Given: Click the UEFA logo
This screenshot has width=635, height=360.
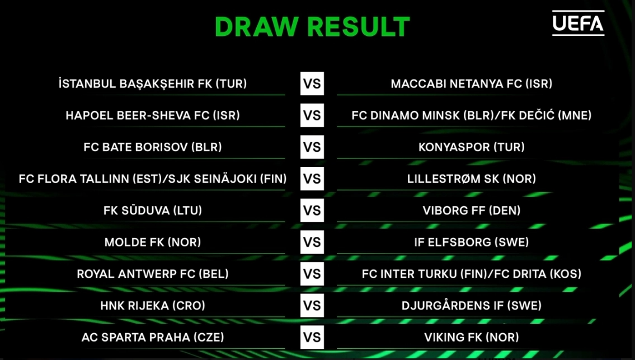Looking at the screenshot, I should pyautogui.click(x=578, y=23).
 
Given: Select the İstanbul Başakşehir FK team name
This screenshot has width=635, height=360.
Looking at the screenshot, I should pyautogui.click(x=152, y=84).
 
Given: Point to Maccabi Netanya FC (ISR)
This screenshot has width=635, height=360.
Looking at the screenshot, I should pyautogui.click(x=471, y=84).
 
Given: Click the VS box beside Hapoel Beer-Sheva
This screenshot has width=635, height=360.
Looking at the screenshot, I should pyautogui.click(x=312, y=115).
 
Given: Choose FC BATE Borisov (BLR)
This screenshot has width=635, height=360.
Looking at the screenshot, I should pyautogui.click(x=152, y=147).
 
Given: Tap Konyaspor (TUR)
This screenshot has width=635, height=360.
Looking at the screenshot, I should pyautogui.click(x=471, y=147).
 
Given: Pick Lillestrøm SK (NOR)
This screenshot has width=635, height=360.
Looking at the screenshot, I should pyautogui.click(x=471, y=179).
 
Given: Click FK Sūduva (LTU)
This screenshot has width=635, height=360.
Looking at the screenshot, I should pyautogui.click(x=152, y=211).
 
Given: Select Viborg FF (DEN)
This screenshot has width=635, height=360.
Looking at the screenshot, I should pyautogui.click(x=471, y=211).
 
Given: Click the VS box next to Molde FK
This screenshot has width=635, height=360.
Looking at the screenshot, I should pyautogui.click(x=312, y=242).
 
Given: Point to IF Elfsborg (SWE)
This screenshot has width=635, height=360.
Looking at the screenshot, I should pyautogui.click(x=471, y=242).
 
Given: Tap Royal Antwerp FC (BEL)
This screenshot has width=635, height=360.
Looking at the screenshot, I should pyautogui.click(x=152, y=274).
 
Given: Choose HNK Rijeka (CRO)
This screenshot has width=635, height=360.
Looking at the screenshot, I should pyautogui.click(x=152, y=306).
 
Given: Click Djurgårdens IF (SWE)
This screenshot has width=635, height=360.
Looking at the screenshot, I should pyautogui.click(x=471, y=306).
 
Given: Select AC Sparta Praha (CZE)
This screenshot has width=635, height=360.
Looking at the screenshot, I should pyautogui.click(x=152, y=338).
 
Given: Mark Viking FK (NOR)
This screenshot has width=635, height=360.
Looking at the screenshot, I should pyautogui.click(x=471, y=338).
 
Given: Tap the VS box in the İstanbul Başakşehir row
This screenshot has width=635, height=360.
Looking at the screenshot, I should pyautogui.click(x=312, y=84).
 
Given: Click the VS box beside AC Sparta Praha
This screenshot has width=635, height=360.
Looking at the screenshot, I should pyautogui.click(x=312, y=338).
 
